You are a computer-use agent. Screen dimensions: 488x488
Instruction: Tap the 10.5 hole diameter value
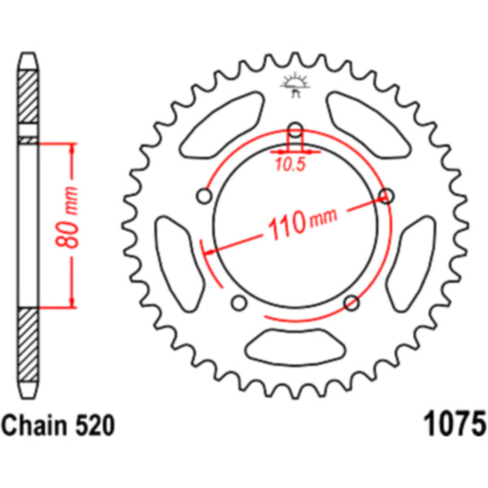[290, 165]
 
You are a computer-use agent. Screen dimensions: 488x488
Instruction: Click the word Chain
[34, 425]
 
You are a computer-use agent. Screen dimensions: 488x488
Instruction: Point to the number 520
[94, 425]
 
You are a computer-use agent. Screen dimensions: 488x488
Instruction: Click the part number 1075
[455, 424]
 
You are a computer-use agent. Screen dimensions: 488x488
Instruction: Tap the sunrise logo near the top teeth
[294, 85]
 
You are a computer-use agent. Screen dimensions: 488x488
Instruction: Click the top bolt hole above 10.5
[295, 130]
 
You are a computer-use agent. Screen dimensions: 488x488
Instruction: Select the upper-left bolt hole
[204, 196]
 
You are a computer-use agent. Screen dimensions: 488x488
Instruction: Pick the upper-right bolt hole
[386, 196]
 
